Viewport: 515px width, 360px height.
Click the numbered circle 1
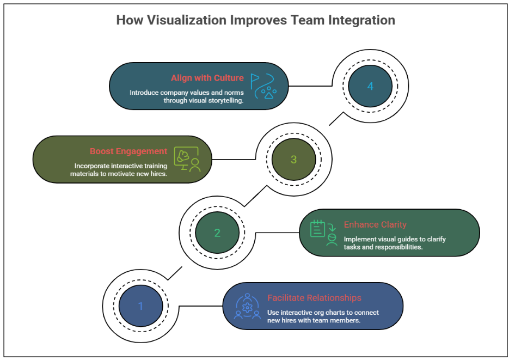click(140, 306)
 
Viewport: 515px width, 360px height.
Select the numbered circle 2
click(217, 233)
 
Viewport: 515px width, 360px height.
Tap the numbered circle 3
click(294, 160)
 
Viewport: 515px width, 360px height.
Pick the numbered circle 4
click(370, 86)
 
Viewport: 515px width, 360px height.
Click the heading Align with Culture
click(207, 78)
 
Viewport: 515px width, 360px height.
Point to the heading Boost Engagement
click(128, 151)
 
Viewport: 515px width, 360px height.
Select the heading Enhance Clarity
click(375, 224)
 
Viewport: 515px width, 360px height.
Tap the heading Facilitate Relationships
click(314, 298)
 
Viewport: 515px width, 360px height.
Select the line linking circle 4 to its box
click(310, 86)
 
